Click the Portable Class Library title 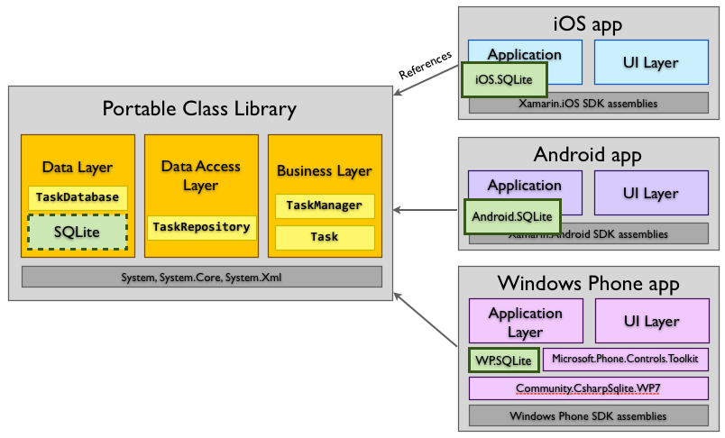click(199, 110)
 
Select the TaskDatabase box click(77, 196)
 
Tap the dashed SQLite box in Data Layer click(77, 232)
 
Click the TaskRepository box click(200, 227)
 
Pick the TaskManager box click(324, 205)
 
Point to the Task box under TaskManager click(324, 237)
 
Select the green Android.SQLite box click(512, 216)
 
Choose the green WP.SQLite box click(503, 360)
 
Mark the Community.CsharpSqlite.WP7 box click(588, 388)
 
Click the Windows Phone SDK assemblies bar click(588, 416)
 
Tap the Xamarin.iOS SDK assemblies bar click(588, 104)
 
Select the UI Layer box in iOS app click(650, 62)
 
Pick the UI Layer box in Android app click(650, 193)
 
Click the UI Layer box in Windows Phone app click(650, 321)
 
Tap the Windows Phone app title click(588, 284)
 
